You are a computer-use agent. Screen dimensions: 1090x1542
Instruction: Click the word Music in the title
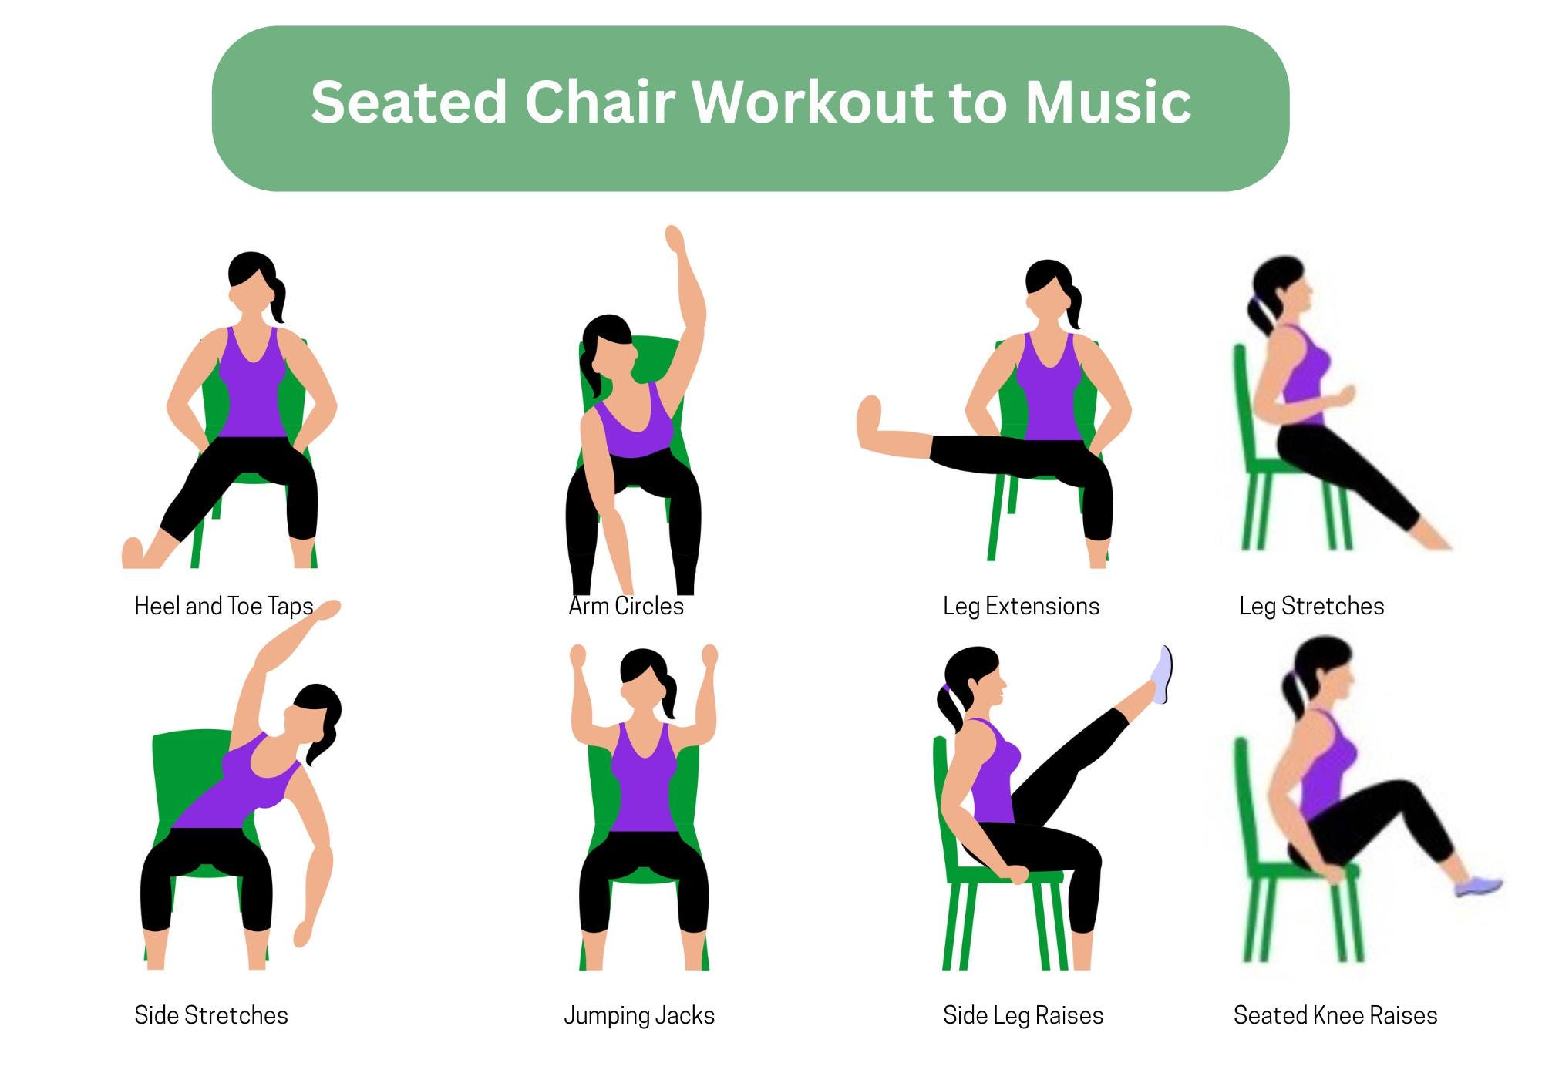click(x=1108, y=103)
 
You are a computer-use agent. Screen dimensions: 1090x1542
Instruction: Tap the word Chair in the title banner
click(x=600, y=103)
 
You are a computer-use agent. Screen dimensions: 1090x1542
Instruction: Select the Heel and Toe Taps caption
click(x=224, y=606)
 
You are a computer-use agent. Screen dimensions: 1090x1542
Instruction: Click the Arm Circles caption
click(x=626, y=606)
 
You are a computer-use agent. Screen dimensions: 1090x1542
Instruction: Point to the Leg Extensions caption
click(x=1021, y=606)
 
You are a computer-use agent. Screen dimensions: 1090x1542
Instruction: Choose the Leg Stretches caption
click(x=1311, y=606)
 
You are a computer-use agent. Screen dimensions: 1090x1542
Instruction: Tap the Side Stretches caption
click(x=210, y=1015)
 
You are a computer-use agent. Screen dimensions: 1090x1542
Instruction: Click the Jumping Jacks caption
click(x=639, y=1015)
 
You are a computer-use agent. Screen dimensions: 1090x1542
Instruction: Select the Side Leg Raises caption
click(x=1023, y=1015)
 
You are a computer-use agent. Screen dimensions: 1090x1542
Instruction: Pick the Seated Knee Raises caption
click(x=1335, y=1015)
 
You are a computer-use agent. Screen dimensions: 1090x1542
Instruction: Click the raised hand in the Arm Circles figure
click(x=675, y=238)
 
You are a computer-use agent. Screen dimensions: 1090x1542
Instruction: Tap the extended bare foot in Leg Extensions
click(x=870, y=422)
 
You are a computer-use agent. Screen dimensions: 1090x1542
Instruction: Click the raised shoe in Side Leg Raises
click(x=1163, y=675)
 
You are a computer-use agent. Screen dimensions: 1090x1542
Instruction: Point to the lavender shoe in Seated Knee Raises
click(x=1478, y=886)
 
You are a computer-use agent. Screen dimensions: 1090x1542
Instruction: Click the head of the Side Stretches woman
click(x=315, y=713)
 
